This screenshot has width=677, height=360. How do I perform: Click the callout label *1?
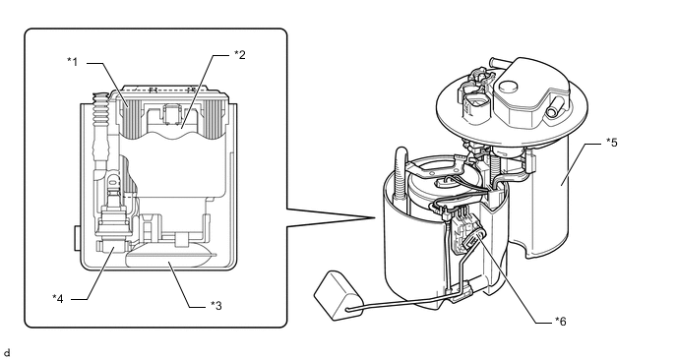pos(73,62)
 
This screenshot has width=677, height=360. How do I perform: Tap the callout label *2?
pos(240,55)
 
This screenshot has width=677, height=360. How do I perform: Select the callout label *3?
pos(215,305)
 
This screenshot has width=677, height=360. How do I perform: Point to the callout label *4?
pos(58,298)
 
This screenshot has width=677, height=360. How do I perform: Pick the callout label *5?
pos(612,142)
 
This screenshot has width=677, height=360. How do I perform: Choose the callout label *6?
pos(561,322)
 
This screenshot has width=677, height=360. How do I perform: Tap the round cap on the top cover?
pos(508,87)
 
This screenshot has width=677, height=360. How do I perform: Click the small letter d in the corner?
pos(6,353)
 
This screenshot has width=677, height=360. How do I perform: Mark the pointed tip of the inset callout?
pos(375,218)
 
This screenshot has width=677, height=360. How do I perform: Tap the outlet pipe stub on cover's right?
pos(554,107)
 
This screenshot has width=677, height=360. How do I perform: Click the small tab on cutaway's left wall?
pos(78,238)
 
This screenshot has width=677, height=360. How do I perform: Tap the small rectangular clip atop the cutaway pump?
pos(172,113)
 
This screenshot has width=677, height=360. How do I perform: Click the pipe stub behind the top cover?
pos(499,62)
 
